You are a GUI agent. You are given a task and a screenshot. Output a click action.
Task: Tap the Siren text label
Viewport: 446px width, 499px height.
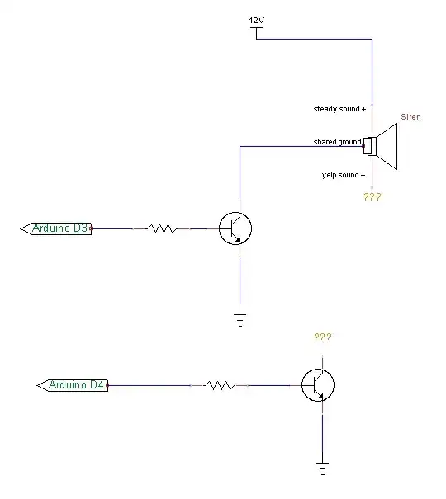410,117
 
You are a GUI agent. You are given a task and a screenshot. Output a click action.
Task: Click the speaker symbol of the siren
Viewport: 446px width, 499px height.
385,147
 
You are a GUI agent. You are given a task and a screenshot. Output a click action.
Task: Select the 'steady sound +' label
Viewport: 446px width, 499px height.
339,109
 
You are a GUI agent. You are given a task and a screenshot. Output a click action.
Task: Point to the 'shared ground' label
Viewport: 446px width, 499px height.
337,142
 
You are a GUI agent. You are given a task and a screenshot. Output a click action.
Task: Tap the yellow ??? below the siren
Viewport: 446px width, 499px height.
372,197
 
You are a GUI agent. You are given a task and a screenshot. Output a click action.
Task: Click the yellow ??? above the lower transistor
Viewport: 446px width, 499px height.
322,337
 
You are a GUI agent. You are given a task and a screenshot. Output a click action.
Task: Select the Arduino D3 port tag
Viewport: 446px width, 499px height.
56,228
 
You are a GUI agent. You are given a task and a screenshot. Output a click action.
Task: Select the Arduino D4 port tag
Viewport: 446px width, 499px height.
74,384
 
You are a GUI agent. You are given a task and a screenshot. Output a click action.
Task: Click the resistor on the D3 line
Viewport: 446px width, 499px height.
162,228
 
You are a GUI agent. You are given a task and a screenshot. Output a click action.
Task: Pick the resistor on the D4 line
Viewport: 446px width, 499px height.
220,384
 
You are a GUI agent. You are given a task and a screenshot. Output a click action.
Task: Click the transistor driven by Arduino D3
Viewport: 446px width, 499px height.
235,228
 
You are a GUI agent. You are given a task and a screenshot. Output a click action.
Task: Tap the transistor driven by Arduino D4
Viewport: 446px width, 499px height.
318,384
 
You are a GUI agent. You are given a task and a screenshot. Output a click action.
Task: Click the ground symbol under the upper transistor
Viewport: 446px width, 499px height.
240,320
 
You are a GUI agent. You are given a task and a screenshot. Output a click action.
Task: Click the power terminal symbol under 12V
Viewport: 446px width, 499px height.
257,32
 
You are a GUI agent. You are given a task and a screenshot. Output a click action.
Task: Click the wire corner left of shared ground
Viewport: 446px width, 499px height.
240,147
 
